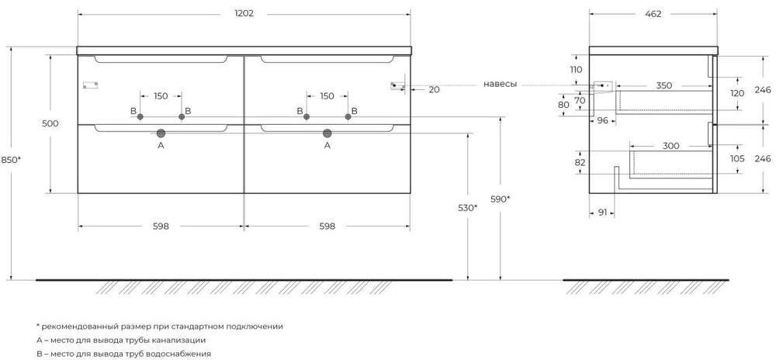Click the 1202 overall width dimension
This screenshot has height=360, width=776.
[x=244, y=14]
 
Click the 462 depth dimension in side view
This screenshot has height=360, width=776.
[x=653, y=14]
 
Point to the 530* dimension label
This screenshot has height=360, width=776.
[x=468, y=208]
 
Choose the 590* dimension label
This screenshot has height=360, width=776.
[x=501, y=199]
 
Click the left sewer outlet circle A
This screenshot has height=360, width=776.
[x=161, y=133]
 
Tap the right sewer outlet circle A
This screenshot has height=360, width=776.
[x=327, y=133]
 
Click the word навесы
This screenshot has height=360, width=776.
[x=501, y=85]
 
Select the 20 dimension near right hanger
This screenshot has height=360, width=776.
[x=434, y=89]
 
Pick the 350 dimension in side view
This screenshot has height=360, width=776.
[x=664, y=85]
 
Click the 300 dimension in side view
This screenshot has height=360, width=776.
[x=670, y=146]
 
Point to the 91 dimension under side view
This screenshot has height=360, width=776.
[x=602, y=213]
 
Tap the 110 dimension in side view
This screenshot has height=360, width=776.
[x=576, y=70]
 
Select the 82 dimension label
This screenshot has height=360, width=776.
[x=580, y=162]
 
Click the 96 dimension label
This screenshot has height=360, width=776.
[x=602, y=120]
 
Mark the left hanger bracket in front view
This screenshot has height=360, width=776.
[x=91, y=85]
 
